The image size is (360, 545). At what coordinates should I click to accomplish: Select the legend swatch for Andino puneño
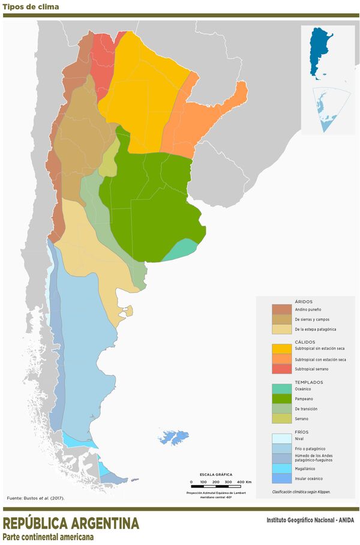(x=281, y=309)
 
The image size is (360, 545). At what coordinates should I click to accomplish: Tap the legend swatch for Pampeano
(x=281, y=398)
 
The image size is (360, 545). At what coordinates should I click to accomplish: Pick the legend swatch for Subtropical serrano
(x=281, y=369)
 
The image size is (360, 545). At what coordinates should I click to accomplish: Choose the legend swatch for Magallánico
(x=281, y=468)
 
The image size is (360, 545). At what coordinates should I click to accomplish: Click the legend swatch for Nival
(x=281, y=438)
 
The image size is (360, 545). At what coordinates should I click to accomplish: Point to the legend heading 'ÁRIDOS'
(x=304, y=301)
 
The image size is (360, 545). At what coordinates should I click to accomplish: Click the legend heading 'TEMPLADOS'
(x=309, y=382)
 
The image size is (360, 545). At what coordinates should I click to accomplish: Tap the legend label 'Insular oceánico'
(x=308, y=478)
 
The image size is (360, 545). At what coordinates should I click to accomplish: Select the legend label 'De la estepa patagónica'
(x=315, y=329)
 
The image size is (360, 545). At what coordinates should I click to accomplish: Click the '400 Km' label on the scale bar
(x=244, y=482)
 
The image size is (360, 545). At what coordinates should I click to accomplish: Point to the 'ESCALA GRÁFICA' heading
(x=216, y=474)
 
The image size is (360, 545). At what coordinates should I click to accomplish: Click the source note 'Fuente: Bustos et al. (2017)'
(x=35, y=498)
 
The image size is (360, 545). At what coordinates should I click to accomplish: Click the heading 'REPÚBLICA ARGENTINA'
(x=71, y=523)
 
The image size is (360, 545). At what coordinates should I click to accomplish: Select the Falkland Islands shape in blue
(x=174, y=437)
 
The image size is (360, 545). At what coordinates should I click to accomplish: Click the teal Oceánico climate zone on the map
(x=180, y=250)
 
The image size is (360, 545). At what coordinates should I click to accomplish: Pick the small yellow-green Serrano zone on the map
(x=108, y=160)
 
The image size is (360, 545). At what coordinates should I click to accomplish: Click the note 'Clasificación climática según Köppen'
(x=301, y=492)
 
